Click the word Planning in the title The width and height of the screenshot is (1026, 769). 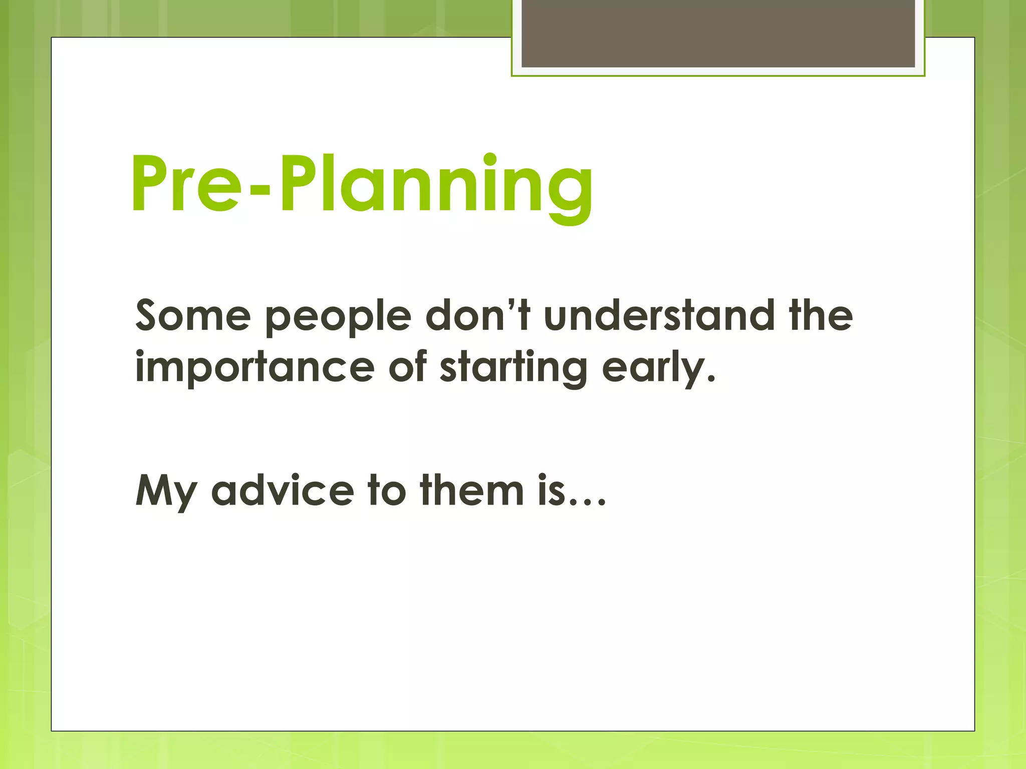click(x=436, y=185)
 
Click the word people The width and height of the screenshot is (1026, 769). click(x=338, y=318)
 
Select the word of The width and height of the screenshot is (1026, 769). click(x=407, y=366)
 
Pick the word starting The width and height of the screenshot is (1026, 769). click(x=514, y=368)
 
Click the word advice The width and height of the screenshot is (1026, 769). click(x=283, y=491)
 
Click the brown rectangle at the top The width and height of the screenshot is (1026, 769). click(x=718, y=34)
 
